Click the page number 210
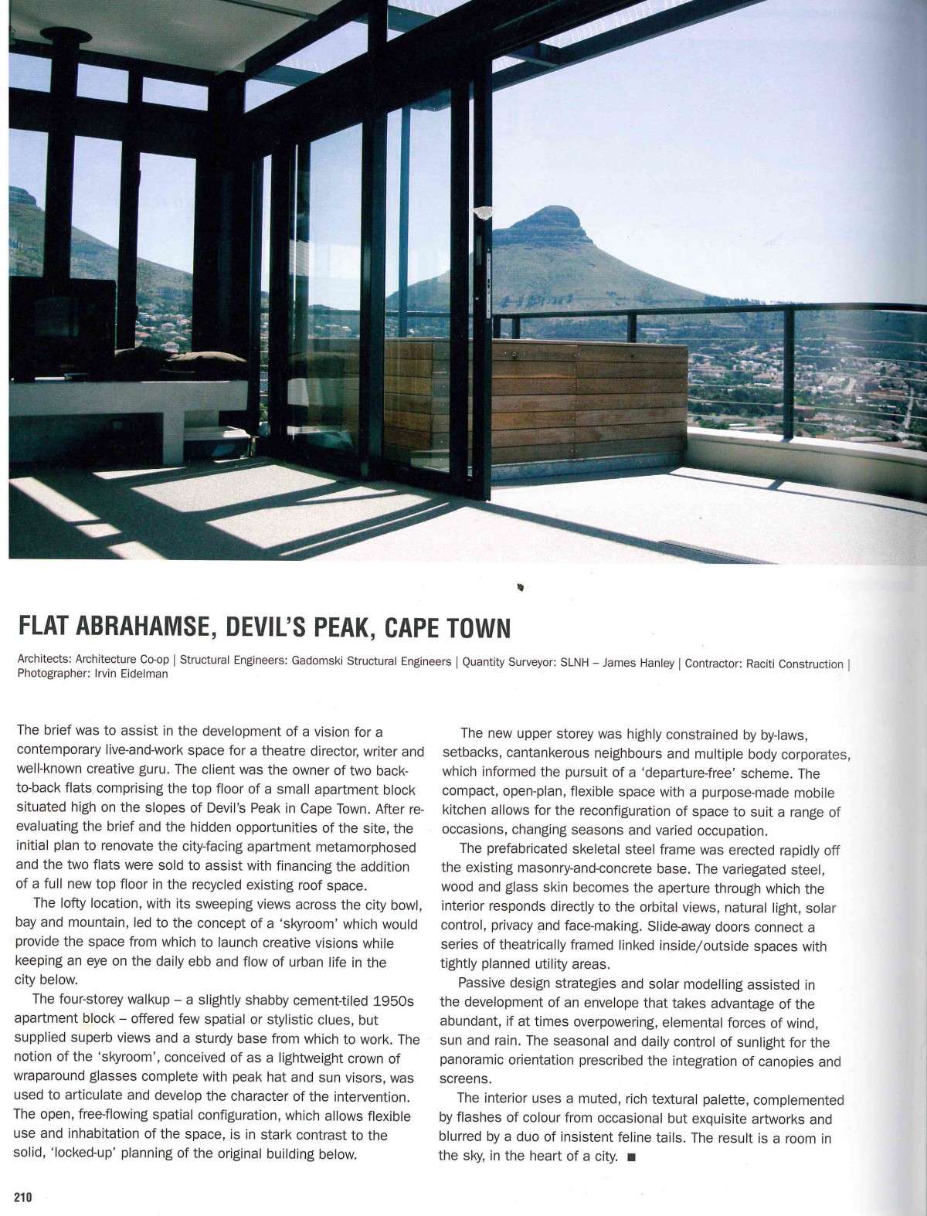pos(22,1197)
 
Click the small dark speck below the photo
pos(521,588)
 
